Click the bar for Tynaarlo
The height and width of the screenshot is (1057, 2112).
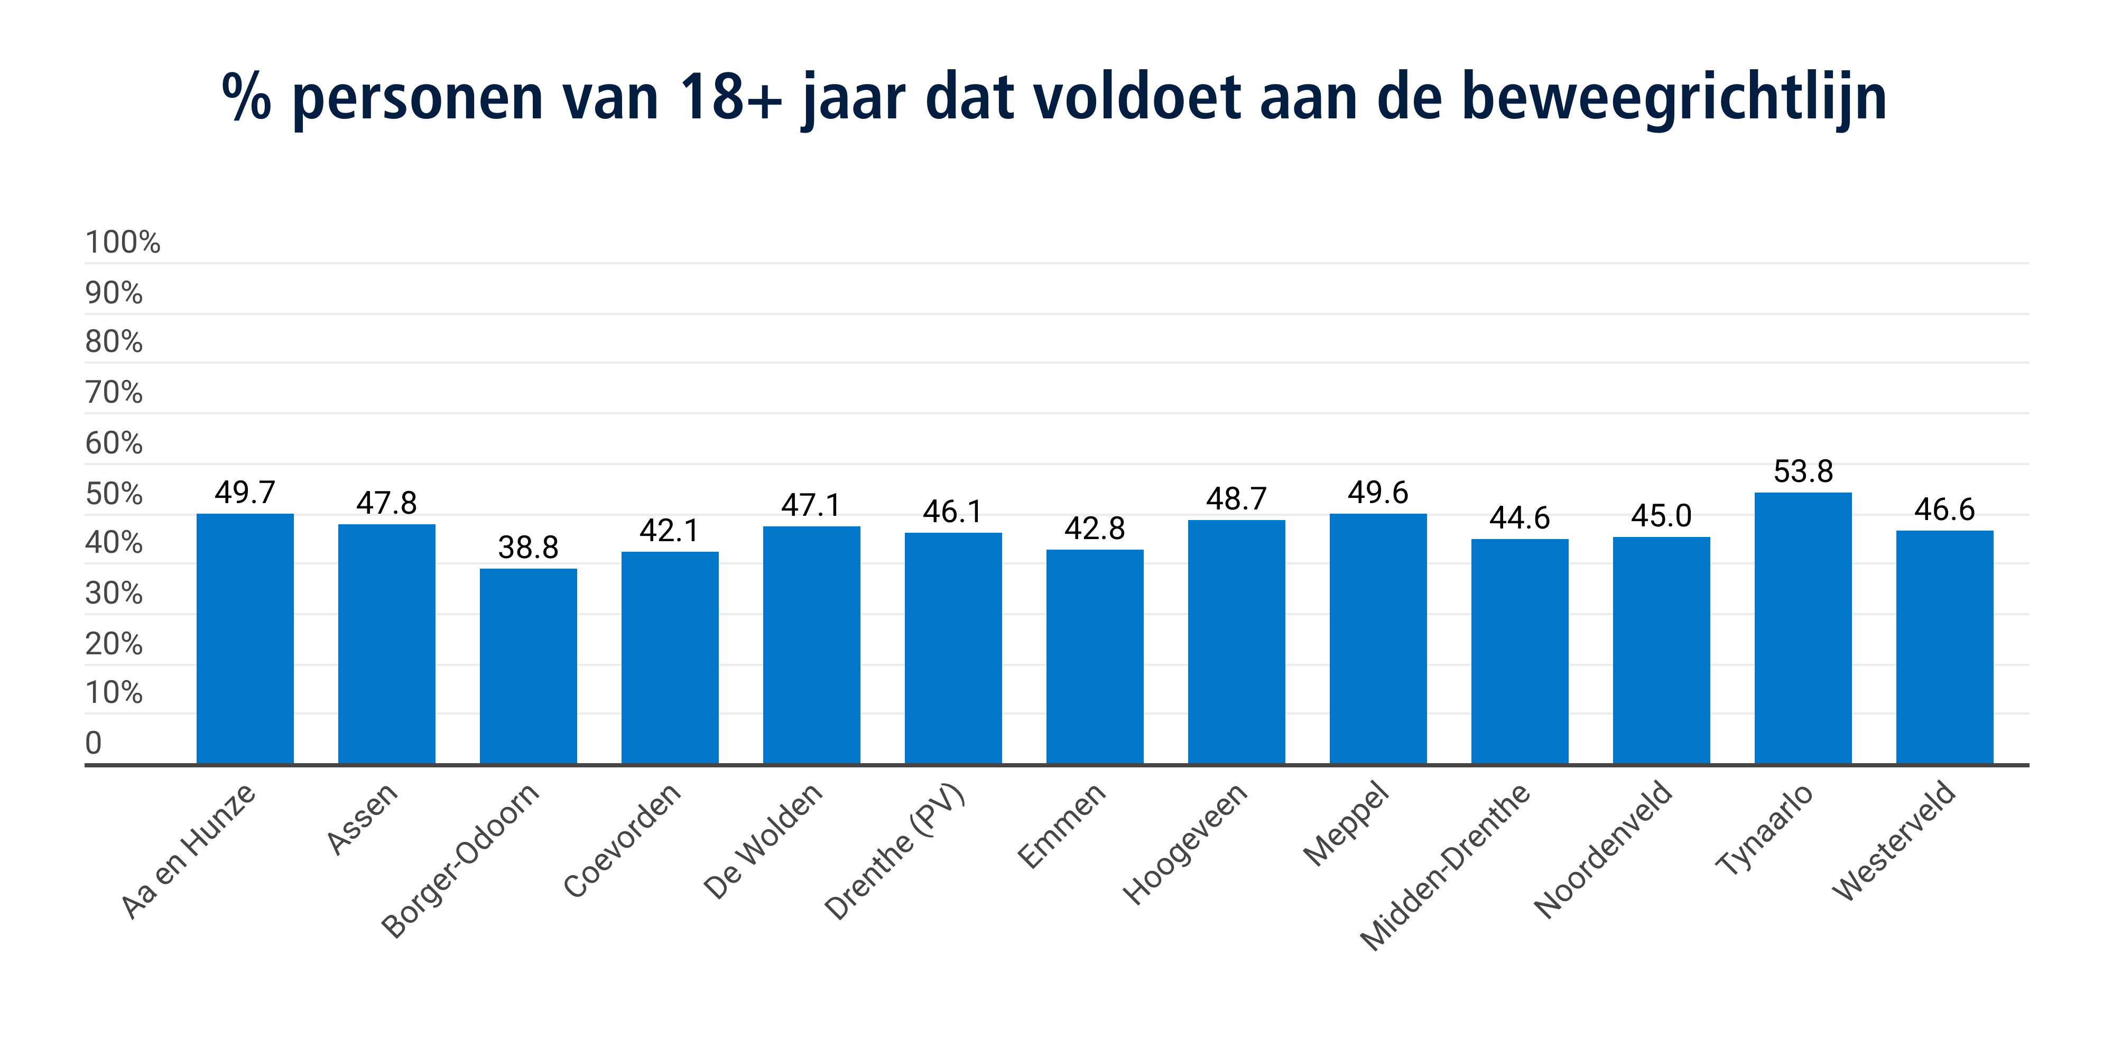(1802, 628)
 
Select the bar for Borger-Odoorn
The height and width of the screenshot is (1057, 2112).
(528, 666)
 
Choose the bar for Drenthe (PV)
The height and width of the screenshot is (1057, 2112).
(953, 648)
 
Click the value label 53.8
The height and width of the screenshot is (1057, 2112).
(1803, 471)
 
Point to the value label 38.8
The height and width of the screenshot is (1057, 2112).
(528, 548)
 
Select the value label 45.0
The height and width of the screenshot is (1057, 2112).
(1661, 516)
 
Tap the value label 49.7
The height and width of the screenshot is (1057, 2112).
(245, 492)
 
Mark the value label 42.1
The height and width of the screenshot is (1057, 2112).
(669, 531)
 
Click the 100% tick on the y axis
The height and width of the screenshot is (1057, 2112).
(123, 243)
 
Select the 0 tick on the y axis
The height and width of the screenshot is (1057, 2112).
(94, 743)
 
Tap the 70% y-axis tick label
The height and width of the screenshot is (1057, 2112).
(114, 393)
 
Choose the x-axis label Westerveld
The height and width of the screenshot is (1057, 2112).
(1894, 840)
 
